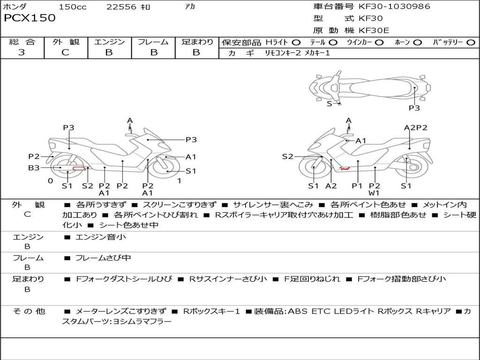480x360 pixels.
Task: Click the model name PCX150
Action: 30,18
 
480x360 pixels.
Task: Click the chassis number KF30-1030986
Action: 394,7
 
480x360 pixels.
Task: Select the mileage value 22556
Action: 121,7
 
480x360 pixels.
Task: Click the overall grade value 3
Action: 22,52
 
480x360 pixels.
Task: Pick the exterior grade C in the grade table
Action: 65,52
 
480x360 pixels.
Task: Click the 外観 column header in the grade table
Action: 66,42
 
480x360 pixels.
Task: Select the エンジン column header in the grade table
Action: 109,42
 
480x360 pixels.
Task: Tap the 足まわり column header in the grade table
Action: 197,42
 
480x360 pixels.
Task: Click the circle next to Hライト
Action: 296,42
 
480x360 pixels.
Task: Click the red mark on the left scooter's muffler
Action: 78,168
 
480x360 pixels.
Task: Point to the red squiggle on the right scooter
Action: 345,167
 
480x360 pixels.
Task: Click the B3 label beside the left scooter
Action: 34,167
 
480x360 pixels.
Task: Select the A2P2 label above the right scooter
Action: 415,127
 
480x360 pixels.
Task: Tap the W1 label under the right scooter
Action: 374,193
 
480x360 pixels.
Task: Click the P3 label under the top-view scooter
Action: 414,108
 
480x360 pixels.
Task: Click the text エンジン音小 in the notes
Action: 101,237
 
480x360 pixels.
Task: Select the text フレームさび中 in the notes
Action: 103,258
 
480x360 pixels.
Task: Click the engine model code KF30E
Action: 374,30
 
